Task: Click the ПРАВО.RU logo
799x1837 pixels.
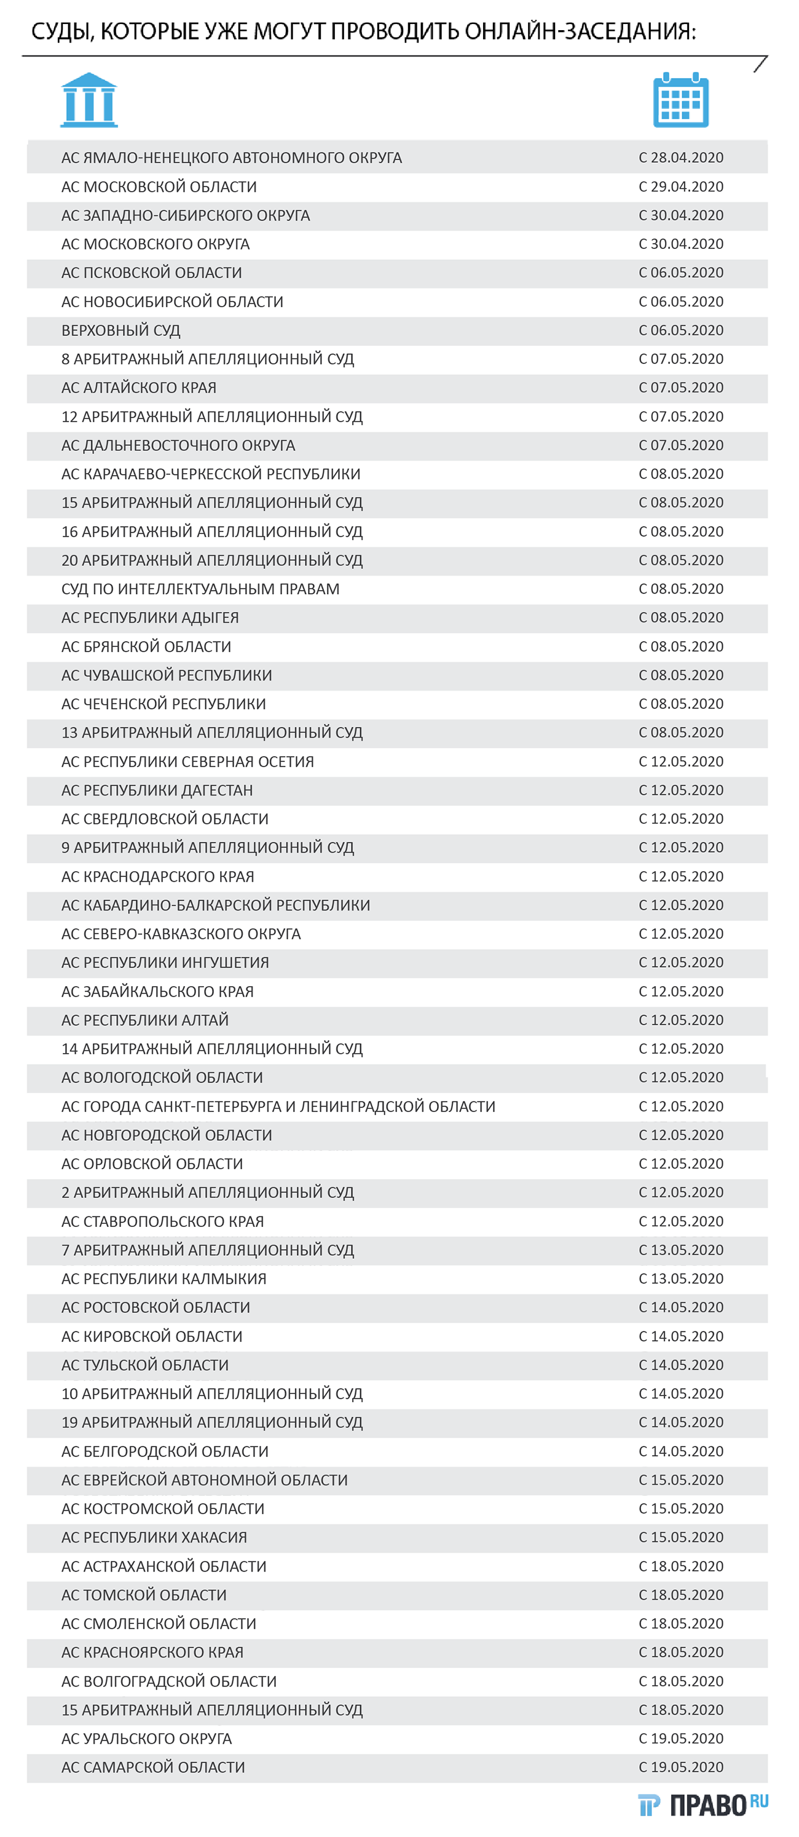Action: (703, 1805)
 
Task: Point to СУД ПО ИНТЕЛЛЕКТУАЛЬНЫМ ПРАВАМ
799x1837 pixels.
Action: (200, 589)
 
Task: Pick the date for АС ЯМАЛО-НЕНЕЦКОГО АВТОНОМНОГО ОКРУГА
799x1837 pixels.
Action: (680, 158)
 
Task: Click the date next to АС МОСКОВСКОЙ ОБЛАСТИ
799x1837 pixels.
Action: (680, 187)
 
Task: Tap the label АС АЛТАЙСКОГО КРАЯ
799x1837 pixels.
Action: (138, 388)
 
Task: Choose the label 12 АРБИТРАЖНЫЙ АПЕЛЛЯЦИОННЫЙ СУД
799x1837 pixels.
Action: (212, 417)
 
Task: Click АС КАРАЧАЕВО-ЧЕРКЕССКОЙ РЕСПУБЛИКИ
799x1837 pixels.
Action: (210, 474)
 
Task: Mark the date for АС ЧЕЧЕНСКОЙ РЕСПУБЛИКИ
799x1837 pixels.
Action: (680, 704)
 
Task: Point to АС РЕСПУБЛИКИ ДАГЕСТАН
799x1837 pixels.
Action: (157, 790)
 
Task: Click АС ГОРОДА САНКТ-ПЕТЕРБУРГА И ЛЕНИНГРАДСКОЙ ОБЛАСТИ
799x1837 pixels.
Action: (278, 1107)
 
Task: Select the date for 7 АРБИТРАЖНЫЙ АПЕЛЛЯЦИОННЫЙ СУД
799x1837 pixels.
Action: (680, 1250)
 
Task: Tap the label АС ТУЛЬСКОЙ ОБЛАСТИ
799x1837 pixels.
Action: (145, 1365)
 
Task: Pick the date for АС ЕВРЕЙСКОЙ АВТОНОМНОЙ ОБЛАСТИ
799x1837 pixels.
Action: (680, 1479)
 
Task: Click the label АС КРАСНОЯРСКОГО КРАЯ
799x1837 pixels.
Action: (152, 1652)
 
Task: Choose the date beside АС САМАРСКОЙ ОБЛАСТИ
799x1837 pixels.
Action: (680, 1767)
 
